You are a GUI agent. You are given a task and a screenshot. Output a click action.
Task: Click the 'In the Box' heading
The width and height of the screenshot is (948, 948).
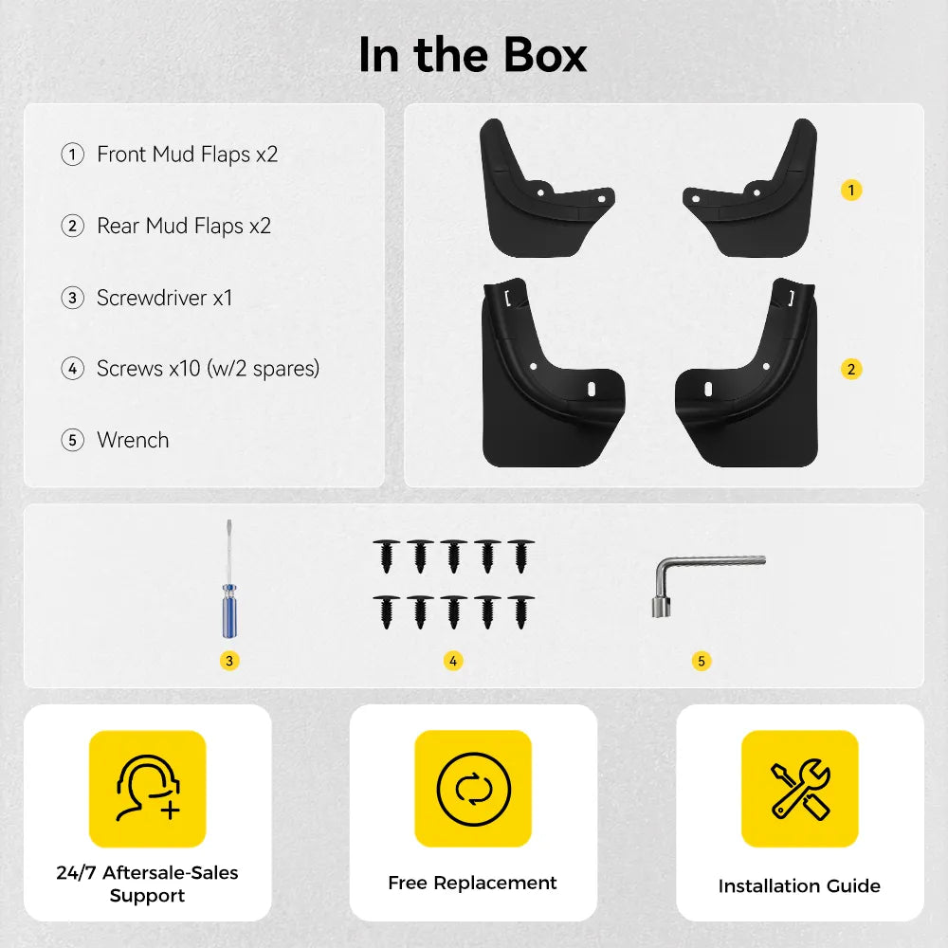[472, 55]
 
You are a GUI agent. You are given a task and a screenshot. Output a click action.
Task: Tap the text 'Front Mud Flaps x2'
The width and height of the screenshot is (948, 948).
[188, 155]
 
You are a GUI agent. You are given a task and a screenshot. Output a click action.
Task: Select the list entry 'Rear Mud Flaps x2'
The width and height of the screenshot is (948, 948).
[184, 227]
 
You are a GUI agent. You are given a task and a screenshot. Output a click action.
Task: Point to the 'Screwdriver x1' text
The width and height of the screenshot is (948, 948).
[164, 298]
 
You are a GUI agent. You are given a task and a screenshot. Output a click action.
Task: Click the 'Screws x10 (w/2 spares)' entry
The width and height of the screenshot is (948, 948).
[208, 368]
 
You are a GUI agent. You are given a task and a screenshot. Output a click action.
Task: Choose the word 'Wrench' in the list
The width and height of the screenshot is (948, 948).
[133, 440]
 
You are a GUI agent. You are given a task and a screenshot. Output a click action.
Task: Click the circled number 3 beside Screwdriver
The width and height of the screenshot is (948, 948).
[73, 298]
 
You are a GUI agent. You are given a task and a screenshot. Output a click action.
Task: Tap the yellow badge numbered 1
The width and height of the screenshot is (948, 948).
[851, 191]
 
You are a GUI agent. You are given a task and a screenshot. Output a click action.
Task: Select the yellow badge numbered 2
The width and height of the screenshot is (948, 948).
[851, 369]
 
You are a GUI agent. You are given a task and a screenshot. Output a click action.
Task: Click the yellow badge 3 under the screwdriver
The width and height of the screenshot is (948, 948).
[229, 661]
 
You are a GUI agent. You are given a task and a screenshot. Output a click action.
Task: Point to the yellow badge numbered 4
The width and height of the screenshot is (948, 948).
[453, 661]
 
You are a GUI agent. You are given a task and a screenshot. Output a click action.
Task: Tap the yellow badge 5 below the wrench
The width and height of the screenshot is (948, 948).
[702, 661]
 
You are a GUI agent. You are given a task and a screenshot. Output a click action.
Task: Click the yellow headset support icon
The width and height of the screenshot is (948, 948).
[148, 789]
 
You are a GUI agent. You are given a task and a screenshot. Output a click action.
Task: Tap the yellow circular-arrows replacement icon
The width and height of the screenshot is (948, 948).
[473, 789]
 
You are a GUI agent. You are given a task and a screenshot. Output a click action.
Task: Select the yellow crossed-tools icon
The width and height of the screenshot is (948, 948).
[800, 789]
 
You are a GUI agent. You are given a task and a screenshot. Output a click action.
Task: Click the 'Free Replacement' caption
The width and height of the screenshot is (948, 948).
[472, 883]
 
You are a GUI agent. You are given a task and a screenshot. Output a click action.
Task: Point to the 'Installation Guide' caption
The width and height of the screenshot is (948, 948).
[799, 885]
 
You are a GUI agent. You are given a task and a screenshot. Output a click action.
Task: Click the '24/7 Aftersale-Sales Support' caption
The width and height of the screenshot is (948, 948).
[148, 884]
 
